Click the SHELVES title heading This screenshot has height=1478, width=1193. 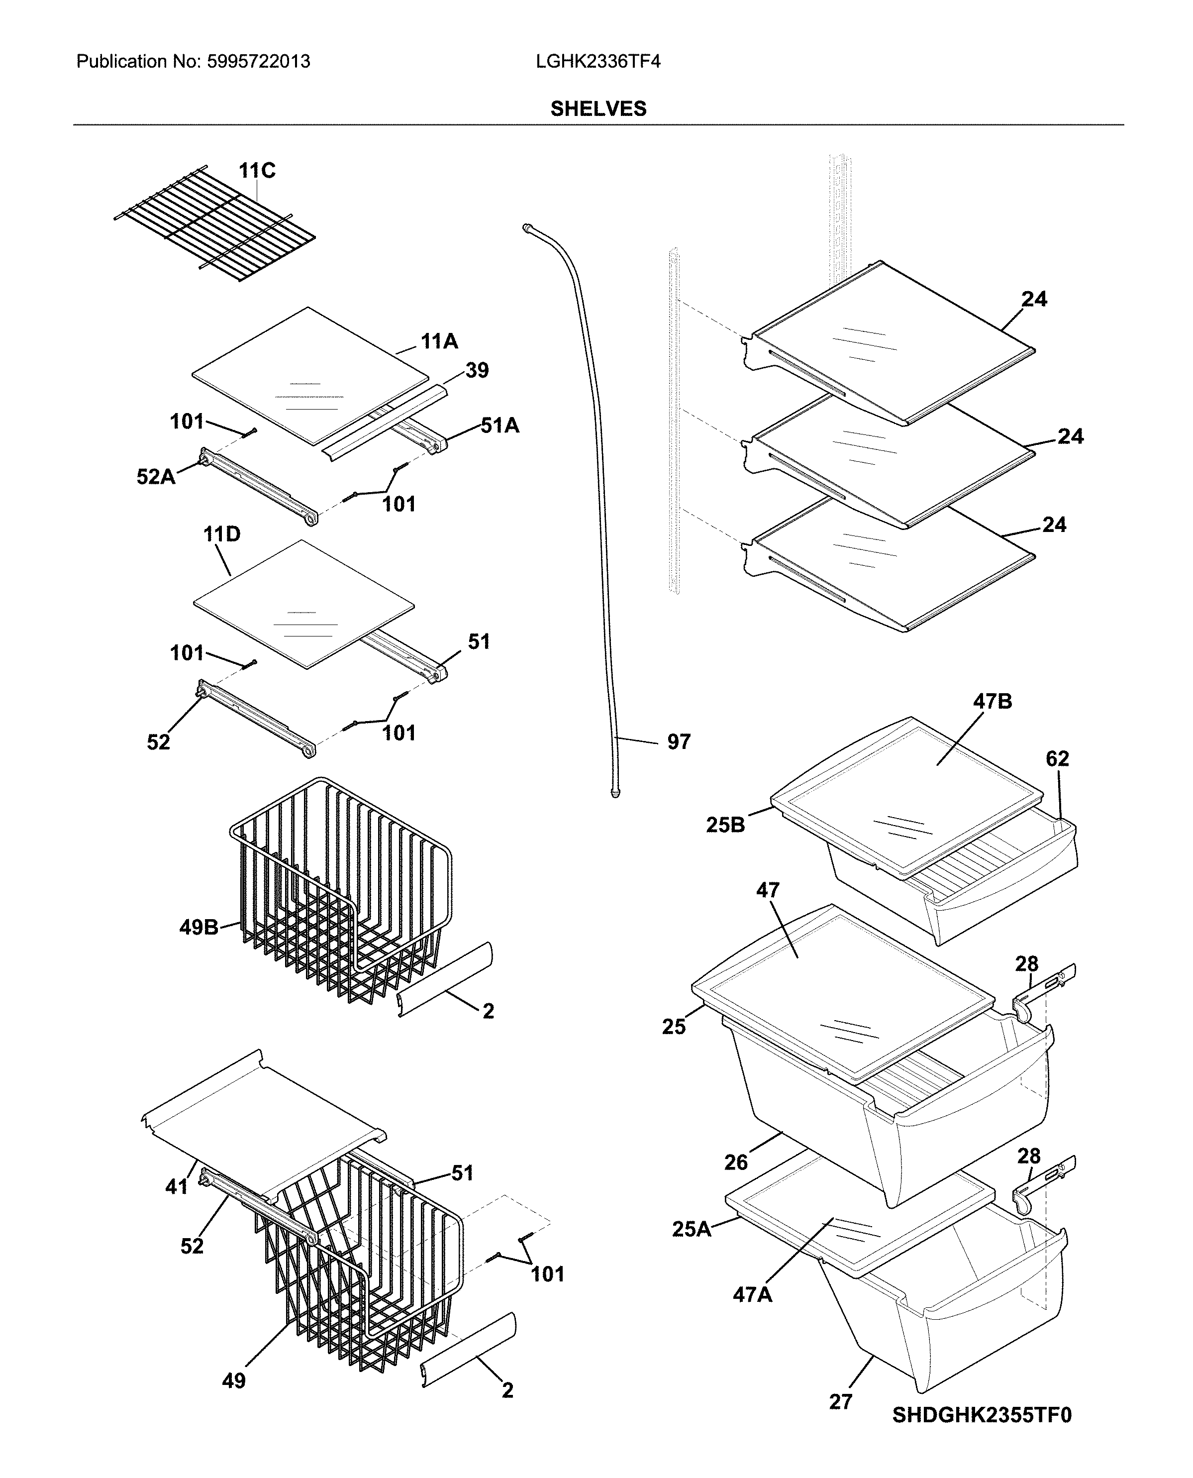click(x=598, y=108)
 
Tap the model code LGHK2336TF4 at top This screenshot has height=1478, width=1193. click(x=598, y=62)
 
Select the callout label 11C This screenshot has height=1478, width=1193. click(x=257, y=171)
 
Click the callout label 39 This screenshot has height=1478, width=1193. click(x=477, y=371)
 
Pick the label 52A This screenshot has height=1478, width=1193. click(x=156, y=476)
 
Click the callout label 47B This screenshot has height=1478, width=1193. click(x=993, y=702)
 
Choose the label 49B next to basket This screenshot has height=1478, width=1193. click(x=199, y=928)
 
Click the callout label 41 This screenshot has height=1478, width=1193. click(x=177, y=1186)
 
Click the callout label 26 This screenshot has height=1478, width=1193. click(x=735, y=1162)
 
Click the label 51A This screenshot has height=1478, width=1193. click(x=499, y=426)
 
